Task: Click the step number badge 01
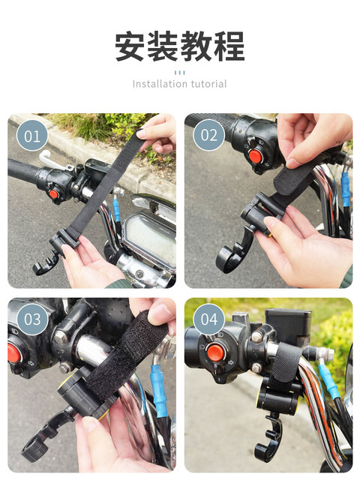pyautogui.click(x=32, y=136)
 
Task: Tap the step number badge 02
pyautogui.click(x=208, y=135)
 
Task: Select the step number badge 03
pyautogui.click(x=32, y=319)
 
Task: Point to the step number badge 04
pyautogui.click(x=208, y=319)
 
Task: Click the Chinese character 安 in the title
pyautogui.click(x=130, y=46)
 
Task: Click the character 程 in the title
pyautogui.click(x=229, y=46)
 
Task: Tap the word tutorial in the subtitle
pyautogui.click(x=208, y=83)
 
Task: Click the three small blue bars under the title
pyautogui.click(x=180, y=73)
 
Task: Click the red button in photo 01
pyautogui.click(x=54, y=194)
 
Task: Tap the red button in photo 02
pyautogui.click(x=255, y=157)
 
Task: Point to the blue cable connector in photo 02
pyautogui.click(x=345, y=190)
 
